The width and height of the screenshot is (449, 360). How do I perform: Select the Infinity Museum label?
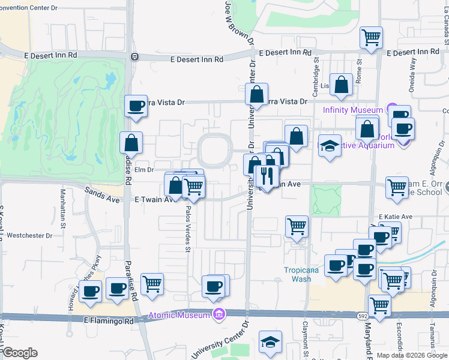tap(352, 110)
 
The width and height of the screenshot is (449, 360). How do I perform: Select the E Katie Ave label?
tap(395, 217)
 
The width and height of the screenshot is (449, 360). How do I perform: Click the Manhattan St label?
tap(62, 205)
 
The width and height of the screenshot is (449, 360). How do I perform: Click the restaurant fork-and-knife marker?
tap(267, 175)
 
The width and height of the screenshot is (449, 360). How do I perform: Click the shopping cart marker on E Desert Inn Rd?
tap(372, 37)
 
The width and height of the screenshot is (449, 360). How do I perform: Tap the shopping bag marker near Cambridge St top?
tap(342, 86)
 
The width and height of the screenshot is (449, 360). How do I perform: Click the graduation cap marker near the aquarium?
tap(330, 146)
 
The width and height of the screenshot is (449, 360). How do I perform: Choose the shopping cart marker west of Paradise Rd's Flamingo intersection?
tap(152, 284)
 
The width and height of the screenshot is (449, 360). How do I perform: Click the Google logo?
tap(20, 353)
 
